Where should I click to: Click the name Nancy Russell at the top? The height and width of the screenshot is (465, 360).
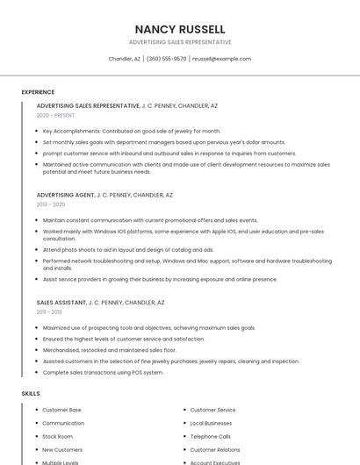[180, 29]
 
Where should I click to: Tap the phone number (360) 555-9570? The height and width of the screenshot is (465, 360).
[167, 59]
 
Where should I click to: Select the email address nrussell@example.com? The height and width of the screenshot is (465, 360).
[221, 59]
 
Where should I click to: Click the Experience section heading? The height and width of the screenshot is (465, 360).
[38, 92]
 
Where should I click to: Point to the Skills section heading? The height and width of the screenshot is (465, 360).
[31, 394]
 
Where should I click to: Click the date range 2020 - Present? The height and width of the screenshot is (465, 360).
[55, 115]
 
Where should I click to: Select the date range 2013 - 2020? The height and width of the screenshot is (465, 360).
[51, 204]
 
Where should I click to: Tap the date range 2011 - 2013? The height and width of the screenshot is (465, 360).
[49, 311]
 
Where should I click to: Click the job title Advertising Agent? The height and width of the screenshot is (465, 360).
[65, 195]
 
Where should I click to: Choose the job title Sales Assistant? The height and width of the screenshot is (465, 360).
[61, 302]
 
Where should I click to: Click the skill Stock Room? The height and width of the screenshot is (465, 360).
[58, 436]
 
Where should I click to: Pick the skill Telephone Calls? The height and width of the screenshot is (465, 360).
[211, 436]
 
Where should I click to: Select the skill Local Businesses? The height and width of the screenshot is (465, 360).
[211, 423]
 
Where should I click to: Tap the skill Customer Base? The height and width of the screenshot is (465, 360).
[61, 410]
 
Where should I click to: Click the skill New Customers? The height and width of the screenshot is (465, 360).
[62, 449]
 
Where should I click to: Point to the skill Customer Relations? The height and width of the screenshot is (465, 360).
[215, 449]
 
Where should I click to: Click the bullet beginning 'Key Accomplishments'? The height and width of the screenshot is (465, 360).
[132, 131]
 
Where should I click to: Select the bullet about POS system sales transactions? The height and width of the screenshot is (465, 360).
[103, 372]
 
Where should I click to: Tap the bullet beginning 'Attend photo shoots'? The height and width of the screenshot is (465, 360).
[127, 249]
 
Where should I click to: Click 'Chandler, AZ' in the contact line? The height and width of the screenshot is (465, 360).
[125, 59]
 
